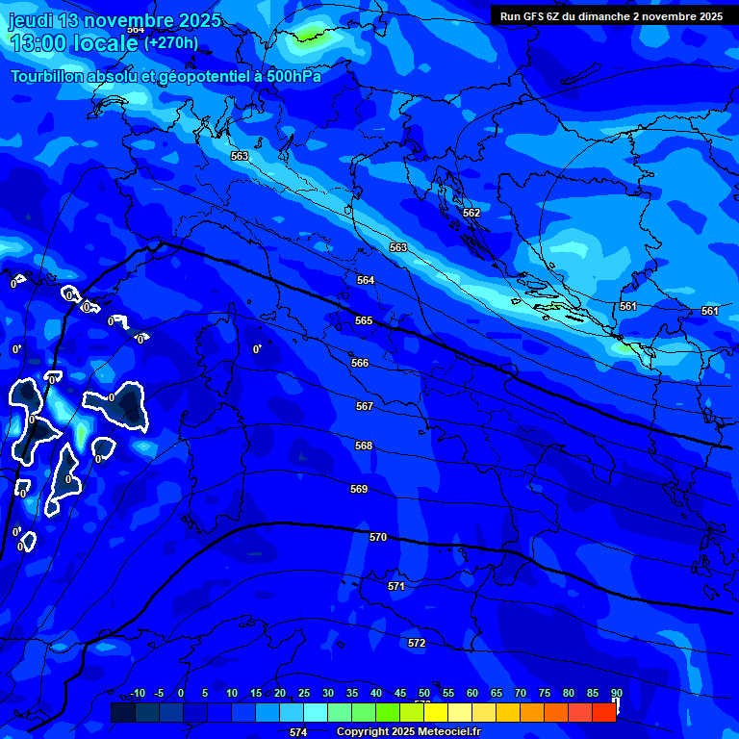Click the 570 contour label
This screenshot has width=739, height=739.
tap(378, 537)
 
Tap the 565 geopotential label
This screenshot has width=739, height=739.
tap(364, 320)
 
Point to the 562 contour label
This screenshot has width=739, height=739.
tap(471, 213)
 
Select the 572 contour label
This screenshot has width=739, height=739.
tap(417, 643)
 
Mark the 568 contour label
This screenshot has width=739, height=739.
tap(364, 446)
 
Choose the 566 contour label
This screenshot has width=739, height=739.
tap(360, 363)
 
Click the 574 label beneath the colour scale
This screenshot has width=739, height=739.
tap(298, 732)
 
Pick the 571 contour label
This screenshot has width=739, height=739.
tap(396, 586)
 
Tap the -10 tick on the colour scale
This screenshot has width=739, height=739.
tap(137, 693)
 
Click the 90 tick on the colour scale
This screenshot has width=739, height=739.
tap(616, 693)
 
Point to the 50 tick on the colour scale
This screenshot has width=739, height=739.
tap(424, 693)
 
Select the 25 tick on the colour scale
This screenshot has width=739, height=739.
tap(304, 693)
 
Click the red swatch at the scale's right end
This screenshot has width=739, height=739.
tap(604, 712)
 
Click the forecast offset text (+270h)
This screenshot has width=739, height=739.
tap(171, 42)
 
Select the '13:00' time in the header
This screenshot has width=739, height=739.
tap(38, 43)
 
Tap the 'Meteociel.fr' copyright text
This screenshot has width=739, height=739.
tap(449, 732)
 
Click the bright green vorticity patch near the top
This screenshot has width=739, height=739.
tap(309, 37)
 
